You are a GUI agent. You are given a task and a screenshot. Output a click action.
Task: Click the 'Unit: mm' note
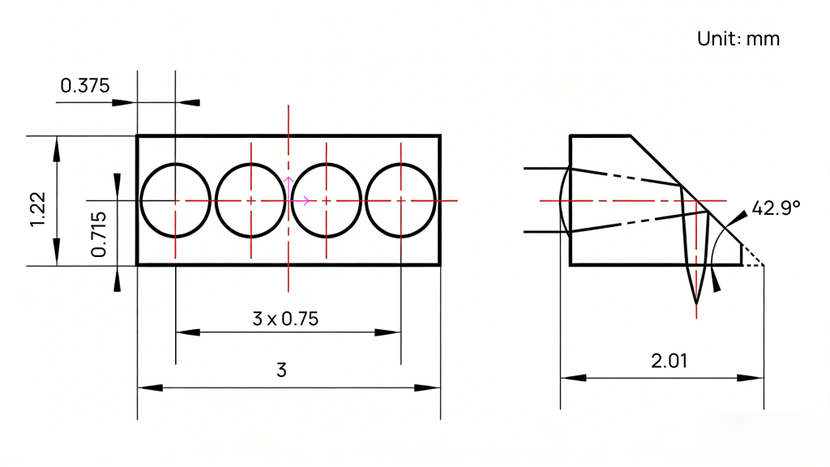[x=738, y=39]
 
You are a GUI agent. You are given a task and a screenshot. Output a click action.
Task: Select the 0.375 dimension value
[x=84, y=86]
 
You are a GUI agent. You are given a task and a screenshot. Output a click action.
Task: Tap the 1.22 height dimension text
[x=38, y=210]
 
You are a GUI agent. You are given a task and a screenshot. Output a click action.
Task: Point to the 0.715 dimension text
[x=98, y=234]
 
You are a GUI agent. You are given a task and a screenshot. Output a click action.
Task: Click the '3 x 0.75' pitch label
[x=285, y=319]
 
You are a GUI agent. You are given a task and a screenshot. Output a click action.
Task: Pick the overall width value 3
[x=281, y=370]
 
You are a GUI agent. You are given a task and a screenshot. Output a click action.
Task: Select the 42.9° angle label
[x=776, y=208]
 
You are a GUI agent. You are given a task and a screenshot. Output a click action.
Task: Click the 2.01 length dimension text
[x=669, y=361]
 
